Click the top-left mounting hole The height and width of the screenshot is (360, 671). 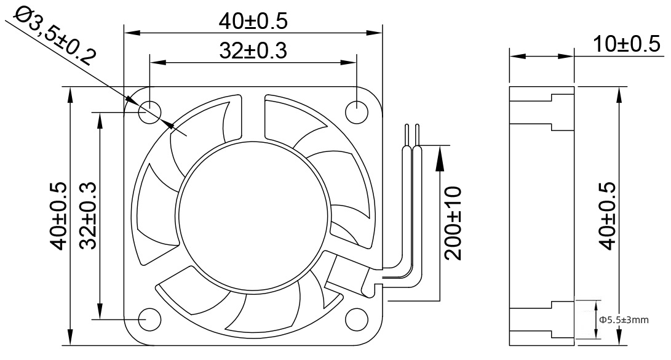149,111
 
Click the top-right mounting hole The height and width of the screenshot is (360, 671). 357,111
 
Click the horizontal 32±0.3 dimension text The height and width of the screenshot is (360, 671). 253,50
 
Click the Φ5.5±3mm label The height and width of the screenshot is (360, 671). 624,320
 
